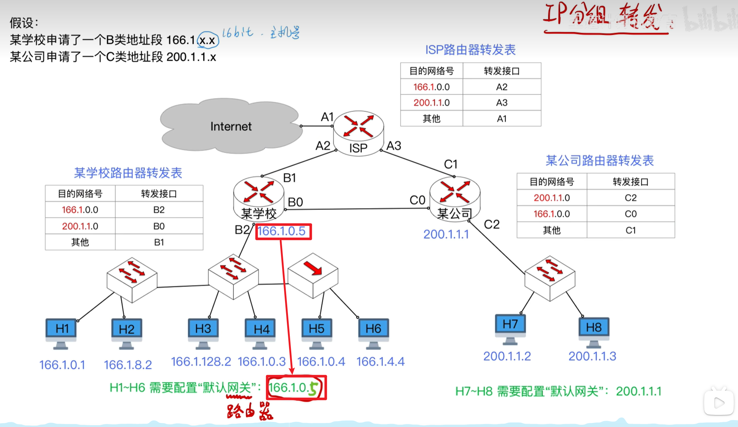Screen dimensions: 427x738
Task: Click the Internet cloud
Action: coord(231,126)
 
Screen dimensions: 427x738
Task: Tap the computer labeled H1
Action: coord(61,332)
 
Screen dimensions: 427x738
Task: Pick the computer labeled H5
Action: coord(316,331)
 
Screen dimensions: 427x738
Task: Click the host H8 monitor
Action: coord(593,330)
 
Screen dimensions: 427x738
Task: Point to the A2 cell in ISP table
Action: coord(502,87)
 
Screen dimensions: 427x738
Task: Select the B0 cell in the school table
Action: coord(159,226)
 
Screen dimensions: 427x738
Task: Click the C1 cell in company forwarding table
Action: coord(630,230)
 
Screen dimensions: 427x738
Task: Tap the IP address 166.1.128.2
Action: coord(201,362)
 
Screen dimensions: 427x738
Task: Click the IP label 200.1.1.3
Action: coord(592,356)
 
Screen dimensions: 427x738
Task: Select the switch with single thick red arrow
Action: coord(313,275)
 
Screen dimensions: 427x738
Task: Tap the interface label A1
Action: coord(327,117)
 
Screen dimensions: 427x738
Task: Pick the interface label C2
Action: coord(491,224)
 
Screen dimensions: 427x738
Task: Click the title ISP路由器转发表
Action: coord(470,50)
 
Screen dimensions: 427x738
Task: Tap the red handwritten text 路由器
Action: coord(250,411)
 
